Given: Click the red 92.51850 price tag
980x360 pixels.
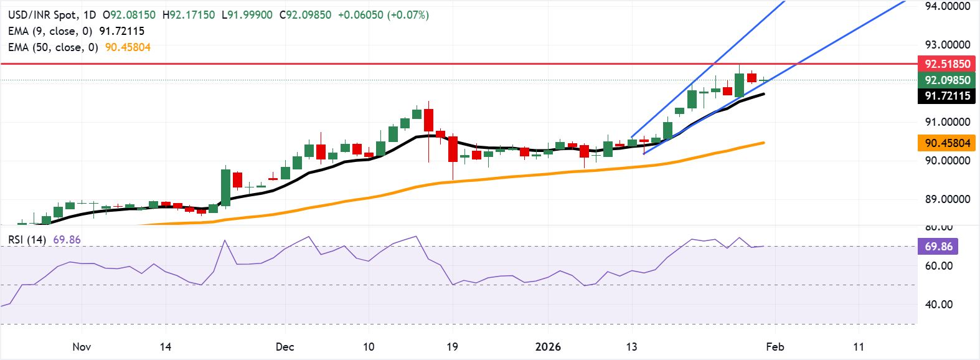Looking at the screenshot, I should [946, 64].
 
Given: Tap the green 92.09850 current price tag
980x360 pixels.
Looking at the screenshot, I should [946, 80].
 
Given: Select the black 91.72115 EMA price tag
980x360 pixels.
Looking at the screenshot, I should [946, 96].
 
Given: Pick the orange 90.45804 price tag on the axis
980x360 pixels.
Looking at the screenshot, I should [946, 143].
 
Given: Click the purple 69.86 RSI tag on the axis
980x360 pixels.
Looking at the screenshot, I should [938, 246].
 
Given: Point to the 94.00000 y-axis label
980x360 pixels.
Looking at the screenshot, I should [947, 6].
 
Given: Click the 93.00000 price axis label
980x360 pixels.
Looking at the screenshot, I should [947, 45].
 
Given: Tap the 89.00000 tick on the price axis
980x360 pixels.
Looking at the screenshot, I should [947, 199].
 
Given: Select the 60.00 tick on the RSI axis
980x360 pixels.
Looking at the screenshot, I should [938, 266].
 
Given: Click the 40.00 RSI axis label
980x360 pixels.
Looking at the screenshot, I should [938, 305].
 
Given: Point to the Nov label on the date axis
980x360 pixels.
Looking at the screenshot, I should [82, 347].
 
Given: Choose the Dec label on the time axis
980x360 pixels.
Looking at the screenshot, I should [285, 347].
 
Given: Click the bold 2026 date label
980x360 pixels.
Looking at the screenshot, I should [548, 347].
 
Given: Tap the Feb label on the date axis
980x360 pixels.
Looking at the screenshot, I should [775, 347].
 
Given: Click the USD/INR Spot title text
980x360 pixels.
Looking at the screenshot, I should [42, 15].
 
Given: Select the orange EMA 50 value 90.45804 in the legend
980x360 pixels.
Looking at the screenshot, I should [128, 47].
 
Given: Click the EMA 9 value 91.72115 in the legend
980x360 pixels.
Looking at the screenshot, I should [121, 31].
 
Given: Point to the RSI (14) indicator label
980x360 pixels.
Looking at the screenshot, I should [27, 240].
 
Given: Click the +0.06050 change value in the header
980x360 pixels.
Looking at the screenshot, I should [360, 15].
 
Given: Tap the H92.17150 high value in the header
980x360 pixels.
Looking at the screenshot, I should [189, 15].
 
